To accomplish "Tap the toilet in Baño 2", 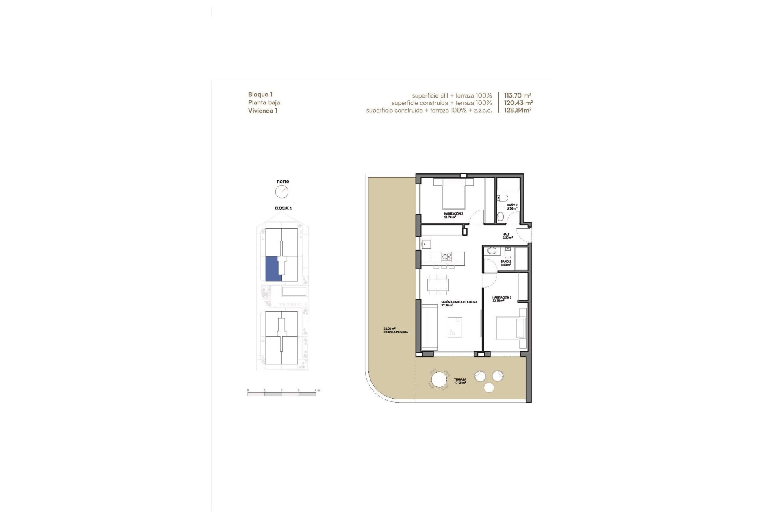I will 503,198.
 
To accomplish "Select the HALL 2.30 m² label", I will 507,236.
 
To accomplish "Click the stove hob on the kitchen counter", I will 446,256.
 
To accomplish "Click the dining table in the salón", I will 438,284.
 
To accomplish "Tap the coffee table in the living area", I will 455,327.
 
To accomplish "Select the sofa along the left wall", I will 429,327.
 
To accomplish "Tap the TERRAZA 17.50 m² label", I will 460,381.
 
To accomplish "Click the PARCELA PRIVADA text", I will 396,332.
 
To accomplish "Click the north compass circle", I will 282,192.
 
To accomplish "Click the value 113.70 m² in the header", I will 517,95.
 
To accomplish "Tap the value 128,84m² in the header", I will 518,110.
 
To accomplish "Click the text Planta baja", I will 264,102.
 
